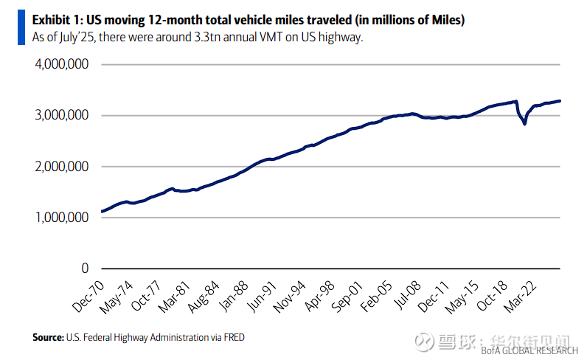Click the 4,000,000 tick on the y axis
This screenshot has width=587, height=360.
(x=63, y=64)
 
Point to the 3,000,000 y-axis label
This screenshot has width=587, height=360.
(x=63, y=115)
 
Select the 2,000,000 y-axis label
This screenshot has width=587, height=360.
(x=63, y=167)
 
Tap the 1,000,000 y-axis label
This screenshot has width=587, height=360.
(x=63, y=218)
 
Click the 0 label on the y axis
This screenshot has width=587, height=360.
(x=85, y=269)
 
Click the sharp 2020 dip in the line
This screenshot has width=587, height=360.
(x=524, y=123)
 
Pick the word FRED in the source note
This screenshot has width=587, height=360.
(x=234, y=337)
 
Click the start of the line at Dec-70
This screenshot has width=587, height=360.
(x=101, y=212)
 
